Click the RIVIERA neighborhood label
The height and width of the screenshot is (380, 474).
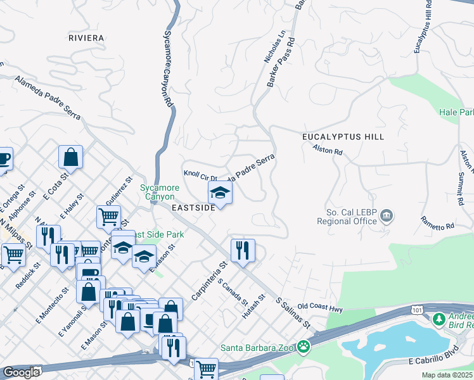[86, 38]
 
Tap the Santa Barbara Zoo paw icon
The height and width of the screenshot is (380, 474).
[305, 346]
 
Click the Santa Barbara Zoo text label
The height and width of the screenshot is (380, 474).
[259, 347]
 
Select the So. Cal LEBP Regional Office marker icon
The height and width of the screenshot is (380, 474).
[385, 217]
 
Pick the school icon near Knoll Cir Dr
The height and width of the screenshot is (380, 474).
[220, 192]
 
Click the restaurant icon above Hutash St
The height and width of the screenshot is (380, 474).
[243, 250]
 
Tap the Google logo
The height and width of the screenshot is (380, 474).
[22, 372]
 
